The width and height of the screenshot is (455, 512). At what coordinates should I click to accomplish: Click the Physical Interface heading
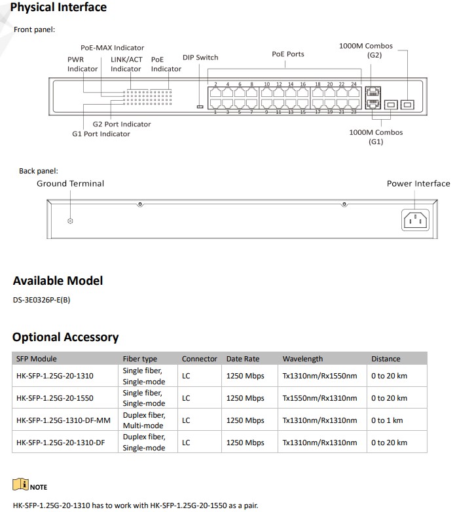[x=59, y=8]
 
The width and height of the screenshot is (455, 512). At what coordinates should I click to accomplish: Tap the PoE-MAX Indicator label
[x=112, y=48]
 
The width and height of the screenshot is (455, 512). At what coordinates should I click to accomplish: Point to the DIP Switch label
[x=200, y=58]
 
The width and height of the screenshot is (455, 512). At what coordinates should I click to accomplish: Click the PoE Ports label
[x=288, y=54]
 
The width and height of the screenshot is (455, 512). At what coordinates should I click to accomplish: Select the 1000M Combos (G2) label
[x=365, y=50]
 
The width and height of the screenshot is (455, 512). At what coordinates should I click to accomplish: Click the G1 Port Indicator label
[x=101, y=134]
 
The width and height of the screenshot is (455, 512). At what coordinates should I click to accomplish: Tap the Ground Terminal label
[x=70, y=184]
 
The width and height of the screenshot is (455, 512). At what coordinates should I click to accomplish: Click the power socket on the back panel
[x=414, y=220]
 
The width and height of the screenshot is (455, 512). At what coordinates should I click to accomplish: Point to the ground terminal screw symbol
[x=71, y=221]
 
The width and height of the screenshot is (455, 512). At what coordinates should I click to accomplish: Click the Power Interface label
[x=418, y=184]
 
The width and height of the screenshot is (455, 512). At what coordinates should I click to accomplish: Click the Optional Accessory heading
[x=65, y=338]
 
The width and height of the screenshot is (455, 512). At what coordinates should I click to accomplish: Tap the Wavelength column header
[x=302, y=359]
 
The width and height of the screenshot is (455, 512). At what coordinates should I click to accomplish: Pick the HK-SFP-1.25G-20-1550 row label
[x=56, y=398]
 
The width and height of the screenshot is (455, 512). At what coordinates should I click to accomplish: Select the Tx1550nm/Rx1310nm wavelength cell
[x=319, y=398]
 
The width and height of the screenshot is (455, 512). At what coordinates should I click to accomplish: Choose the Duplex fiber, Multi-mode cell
[x=143, y=420]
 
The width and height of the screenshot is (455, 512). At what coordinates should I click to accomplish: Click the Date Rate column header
[x=243, y=359]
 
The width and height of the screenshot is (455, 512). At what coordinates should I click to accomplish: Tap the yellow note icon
[x=20, y=485]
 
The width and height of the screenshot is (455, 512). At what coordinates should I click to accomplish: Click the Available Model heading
[x=58, y=281]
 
